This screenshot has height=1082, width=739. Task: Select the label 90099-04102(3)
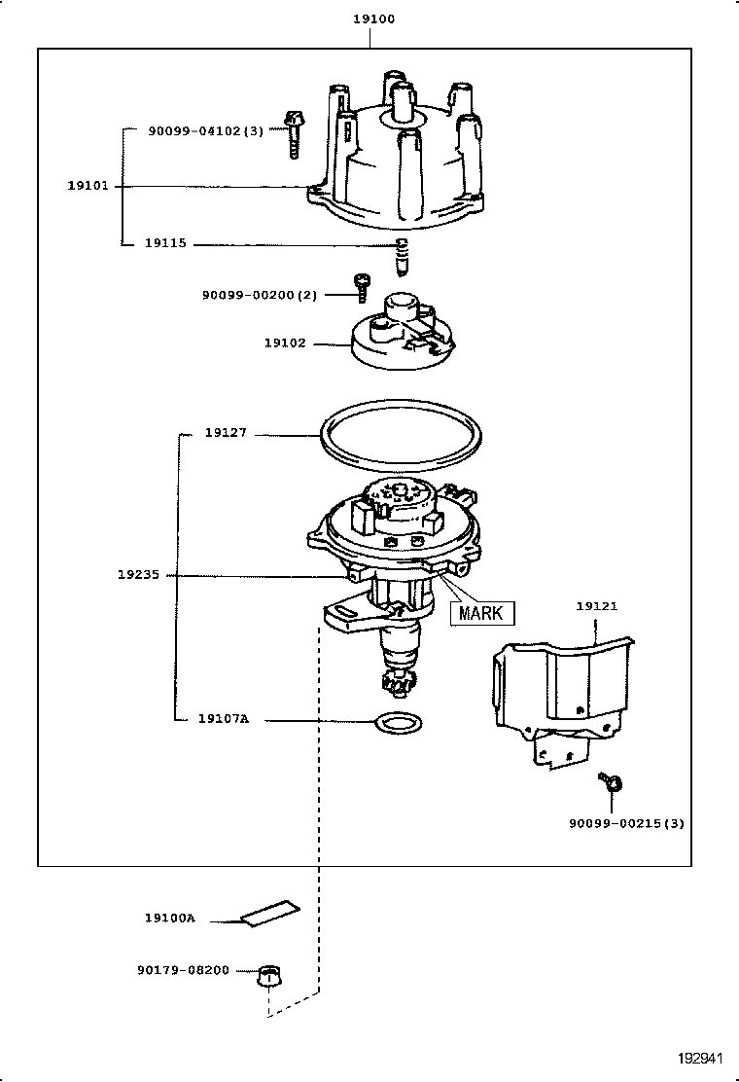pyautogui.click(x=205, y=129)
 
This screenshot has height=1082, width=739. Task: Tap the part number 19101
pyautogui.click(x=88, y=186)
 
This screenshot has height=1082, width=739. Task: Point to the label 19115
pyautogui.click(x=165, y=244)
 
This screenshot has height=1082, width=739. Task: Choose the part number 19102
pyautogui.click(x=284, y=343)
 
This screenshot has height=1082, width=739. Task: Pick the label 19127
pyautogui.click(x=226, y=434)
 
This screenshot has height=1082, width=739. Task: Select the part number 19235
pyautogui.click(x=138, y=575)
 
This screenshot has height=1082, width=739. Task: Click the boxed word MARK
pyautogui.click(x=481, y=613)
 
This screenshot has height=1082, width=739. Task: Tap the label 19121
pyautogui.click(x=596, y=606)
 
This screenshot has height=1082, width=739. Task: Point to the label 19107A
pyautogui.click(x=224, y=719)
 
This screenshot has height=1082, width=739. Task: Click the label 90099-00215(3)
pyautogui.click(x=626, y=823)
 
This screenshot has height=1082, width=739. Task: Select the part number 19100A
pyautogui.click(x=170, y=918)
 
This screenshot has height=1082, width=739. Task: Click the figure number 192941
pyautogui.click(x=702, y=1059)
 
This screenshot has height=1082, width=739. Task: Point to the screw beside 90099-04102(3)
pyautogui.click(x=292, y=134)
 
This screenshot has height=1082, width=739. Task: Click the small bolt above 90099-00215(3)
pyautogui.click(x=612, y=780)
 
